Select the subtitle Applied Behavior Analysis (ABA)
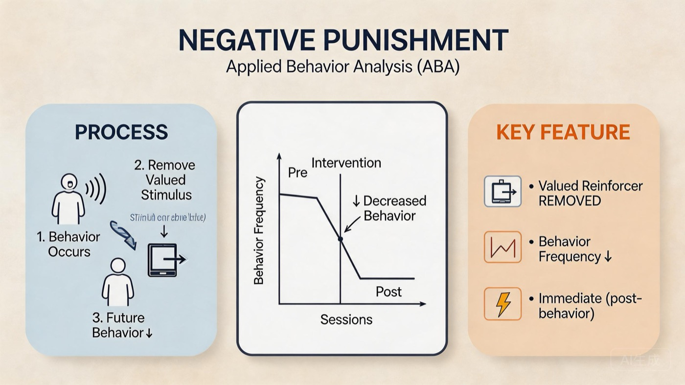tap(342, 67)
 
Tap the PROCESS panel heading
tap(121, 132)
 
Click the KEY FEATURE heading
tap(563, 132)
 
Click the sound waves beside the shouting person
tap(97, 189)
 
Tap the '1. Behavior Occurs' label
tap(68, 244)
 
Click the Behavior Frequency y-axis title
tap(259, 230)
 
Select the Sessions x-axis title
tap(346, 319)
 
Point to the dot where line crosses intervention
tap(340, 239)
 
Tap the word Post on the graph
tap(388, 292)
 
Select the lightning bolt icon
tap(502, 304)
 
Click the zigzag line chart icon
tap(502, 247)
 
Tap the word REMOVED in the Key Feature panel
tap(570, 201)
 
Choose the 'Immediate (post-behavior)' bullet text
tap(590, 305)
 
